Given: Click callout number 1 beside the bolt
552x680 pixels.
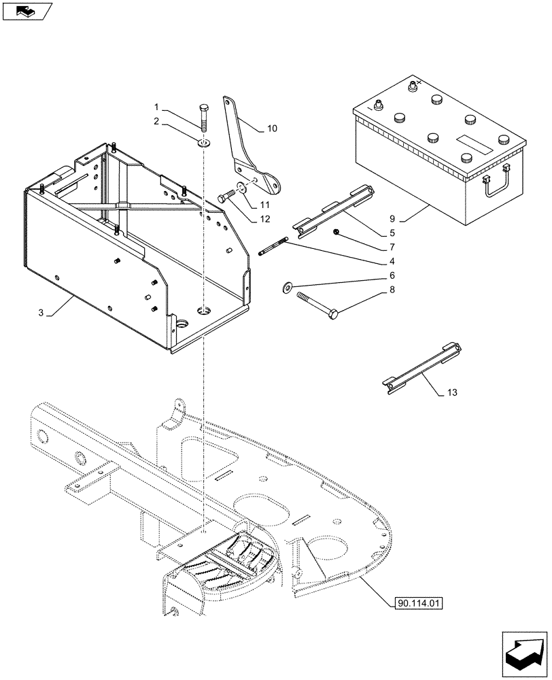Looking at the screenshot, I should click(x=156, y=107).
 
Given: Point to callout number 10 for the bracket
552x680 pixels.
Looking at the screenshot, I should click(x=272, y=128).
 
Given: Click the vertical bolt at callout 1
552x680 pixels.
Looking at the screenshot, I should click(x=203, y=116).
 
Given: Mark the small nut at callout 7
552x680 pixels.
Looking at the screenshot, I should click(x=337, y=233).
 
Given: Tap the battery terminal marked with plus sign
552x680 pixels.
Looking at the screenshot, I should click(x=411, y=87).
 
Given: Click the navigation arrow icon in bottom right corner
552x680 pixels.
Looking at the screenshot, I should click(x=524, y=653).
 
